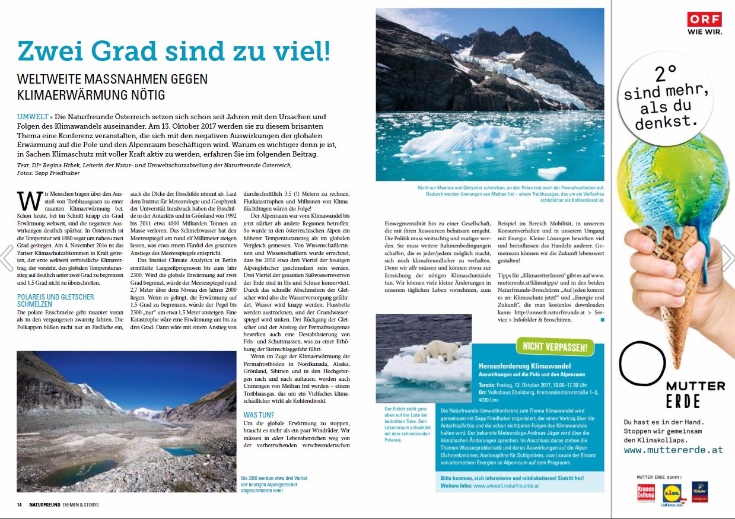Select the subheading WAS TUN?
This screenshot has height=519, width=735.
click(x=259, y=415)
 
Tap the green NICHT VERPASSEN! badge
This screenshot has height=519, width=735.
click(x=555, y=346)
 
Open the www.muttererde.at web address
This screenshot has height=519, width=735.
click(x=673, y=450)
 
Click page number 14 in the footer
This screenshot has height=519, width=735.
click(x=20, y=505)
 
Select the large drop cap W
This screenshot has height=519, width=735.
click(x=26, y=200)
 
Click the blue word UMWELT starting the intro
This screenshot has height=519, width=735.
click(x=32, y=117)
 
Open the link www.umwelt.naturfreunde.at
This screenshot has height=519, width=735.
click(x=506, y=486)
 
